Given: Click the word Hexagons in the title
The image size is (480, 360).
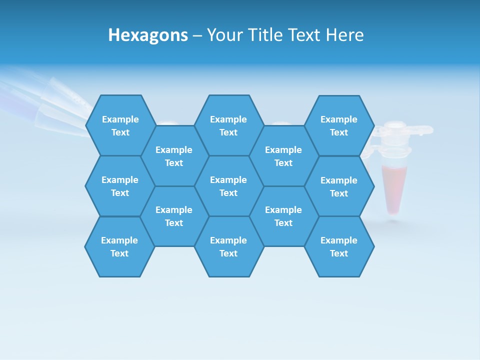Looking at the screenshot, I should tap(148, 35).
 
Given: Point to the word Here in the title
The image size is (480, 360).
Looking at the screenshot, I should tap(344, 35).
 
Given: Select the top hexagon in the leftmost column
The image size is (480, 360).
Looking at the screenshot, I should tap(120, 125).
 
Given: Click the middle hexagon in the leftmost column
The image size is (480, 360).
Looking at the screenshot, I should tap(120, 186).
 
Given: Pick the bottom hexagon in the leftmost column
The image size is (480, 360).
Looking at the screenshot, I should tap(119, 246).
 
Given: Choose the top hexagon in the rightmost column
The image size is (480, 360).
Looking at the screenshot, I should tap(339, 125).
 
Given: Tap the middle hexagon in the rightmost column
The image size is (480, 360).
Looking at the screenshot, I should tap(339, 186).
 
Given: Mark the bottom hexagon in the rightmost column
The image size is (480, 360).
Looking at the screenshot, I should tap(339, 246).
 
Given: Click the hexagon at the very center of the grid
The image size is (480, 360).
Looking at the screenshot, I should tap(228, 186).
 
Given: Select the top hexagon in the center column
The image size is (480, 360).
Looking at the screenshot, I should tap(228, 125).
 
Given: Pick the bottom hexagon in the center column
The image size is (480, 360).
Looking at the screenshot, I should tap(228, 246).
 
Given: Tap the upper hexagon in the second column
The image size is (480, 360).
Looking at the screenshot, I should tap(174, 156).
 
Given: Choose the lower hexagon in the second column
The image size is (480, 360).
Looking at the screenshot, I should tap(174, 216).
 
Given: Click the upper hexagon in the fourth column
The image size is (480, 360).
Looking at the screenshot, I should tap(283, 156).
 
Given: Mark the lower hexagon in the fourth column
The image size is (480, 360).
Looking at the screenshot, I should tap(283, 216).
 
